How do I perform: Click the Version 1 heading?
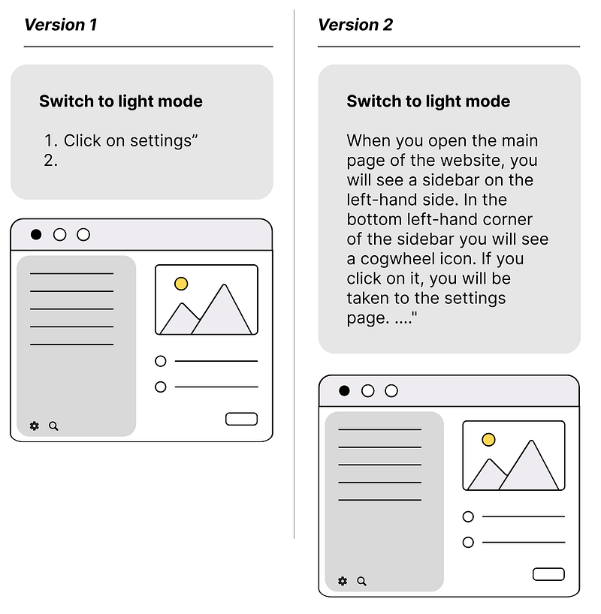(x=60, y=25)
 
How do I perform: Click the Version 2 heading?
(x=355, y=25)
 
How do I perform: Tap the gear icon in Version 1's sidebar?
(x=35, y=426)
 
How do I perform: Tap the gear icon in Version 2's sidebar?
(x=343, y=581)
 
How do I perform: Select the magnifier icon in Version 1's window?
(x=53, y=426)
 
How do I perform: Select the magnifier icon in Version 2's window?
(x=362, y=582)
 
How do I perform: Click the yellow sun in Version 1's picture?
(x=181, y=284)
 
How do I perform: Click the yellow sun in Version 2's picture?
(x=488, y=439)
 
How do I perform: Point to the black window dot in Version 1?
(x=36, y=234)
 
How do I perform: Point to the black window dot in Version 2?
(x=344, y=391)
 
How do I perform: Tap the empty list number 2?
(x=51, y=161)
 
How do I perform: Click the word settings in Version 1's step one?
(x=160, y=141)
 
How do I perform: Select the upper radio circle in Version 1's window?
(x=160, y=361)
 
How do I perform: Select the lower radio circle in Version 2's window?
(x=468, y=543)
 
